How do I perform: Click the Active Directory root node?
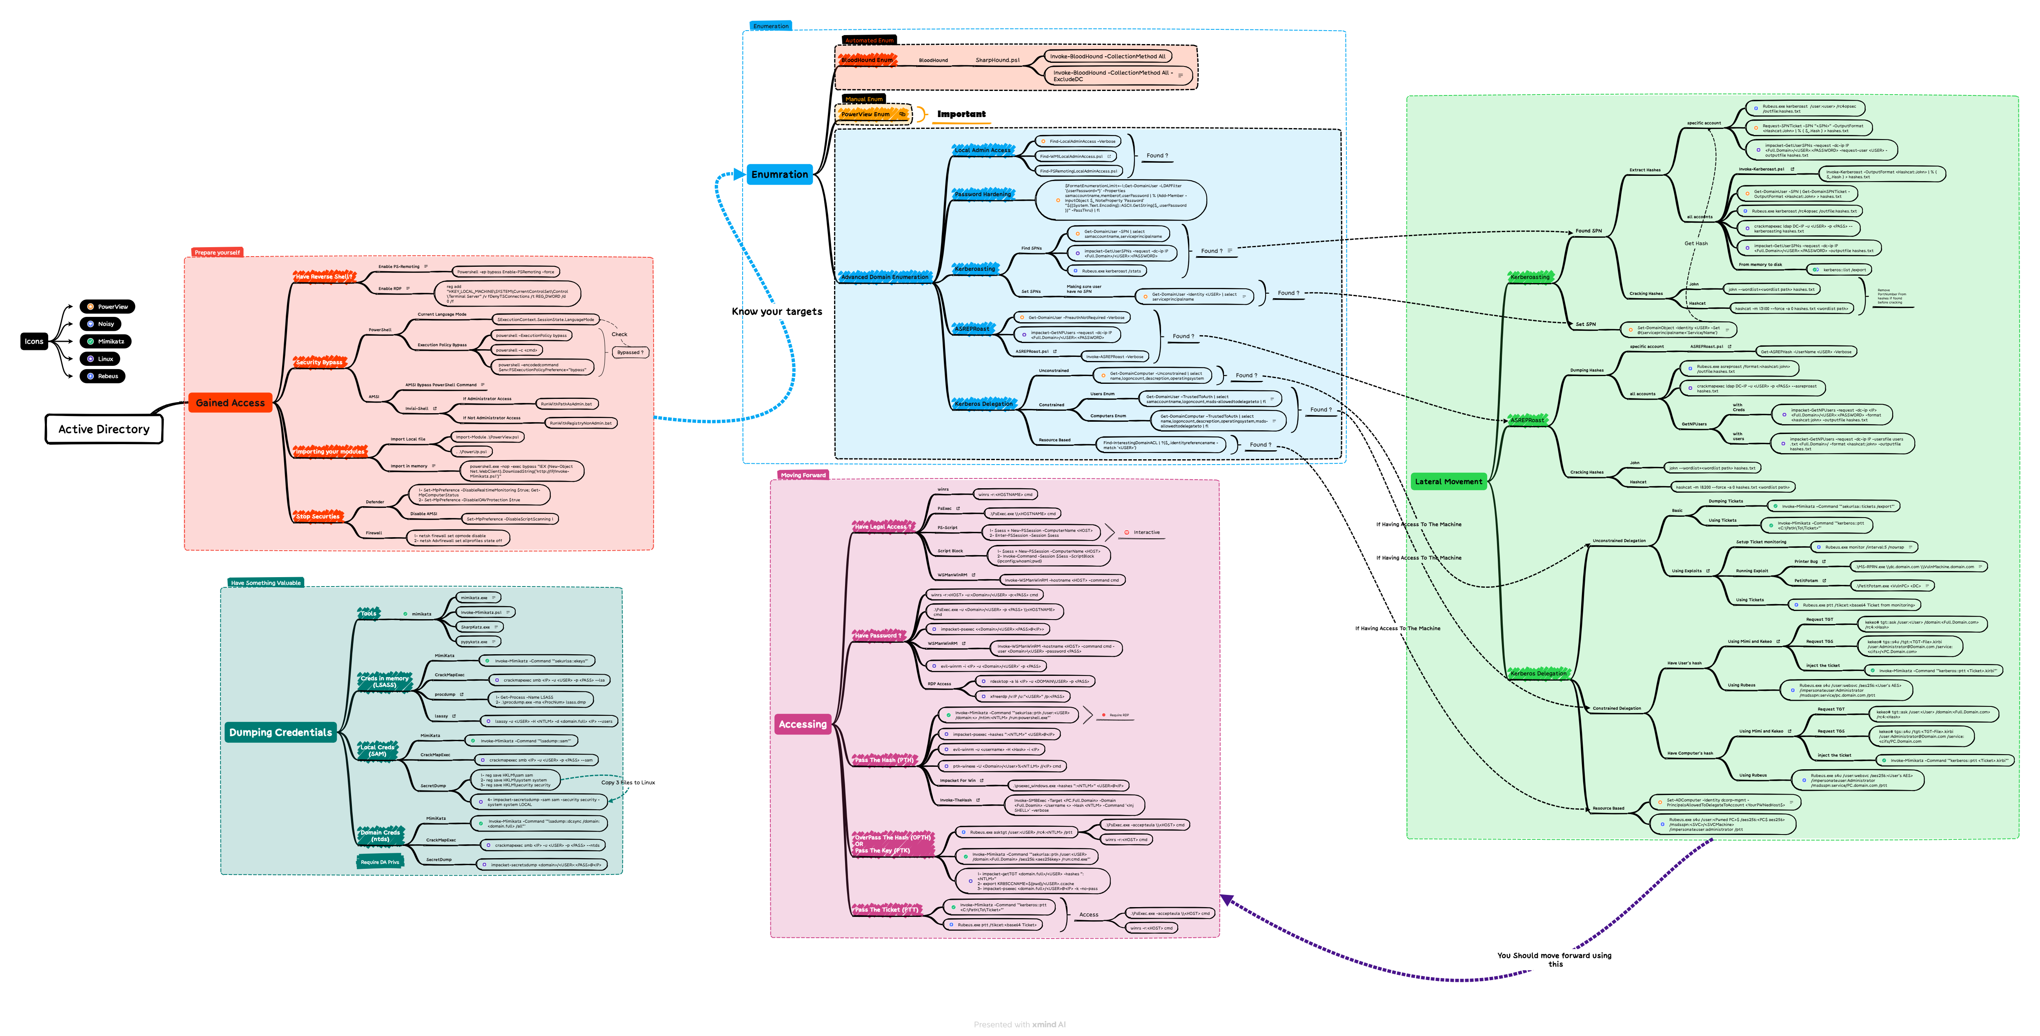104,429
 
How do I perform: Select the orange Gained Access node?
230,403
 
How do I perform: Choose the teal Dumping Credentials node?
280,732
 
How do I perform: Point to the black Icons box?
34,341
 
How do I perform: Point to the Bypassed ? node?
630,352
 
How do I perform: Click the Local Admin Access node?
982,150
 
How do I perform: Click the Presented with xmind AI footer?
1019,1024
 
